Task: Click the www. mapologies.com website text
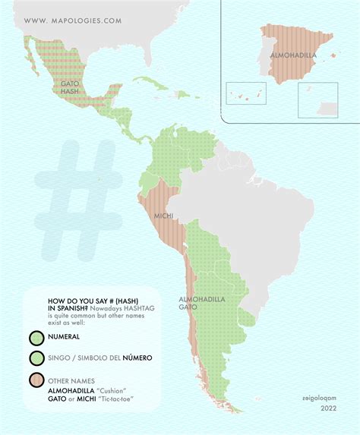pos(72,21)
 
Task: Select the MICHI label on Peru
pos(163,216)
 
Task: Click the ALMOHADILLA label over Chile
pos(202,300)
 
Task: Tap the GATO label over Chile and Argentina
pos(189,307)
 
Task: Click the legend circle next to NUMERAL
pos(36,337)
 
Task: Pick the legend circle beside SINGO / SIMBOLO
pos(36,358)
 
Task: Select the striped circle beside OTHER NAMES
pos(36,380)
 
